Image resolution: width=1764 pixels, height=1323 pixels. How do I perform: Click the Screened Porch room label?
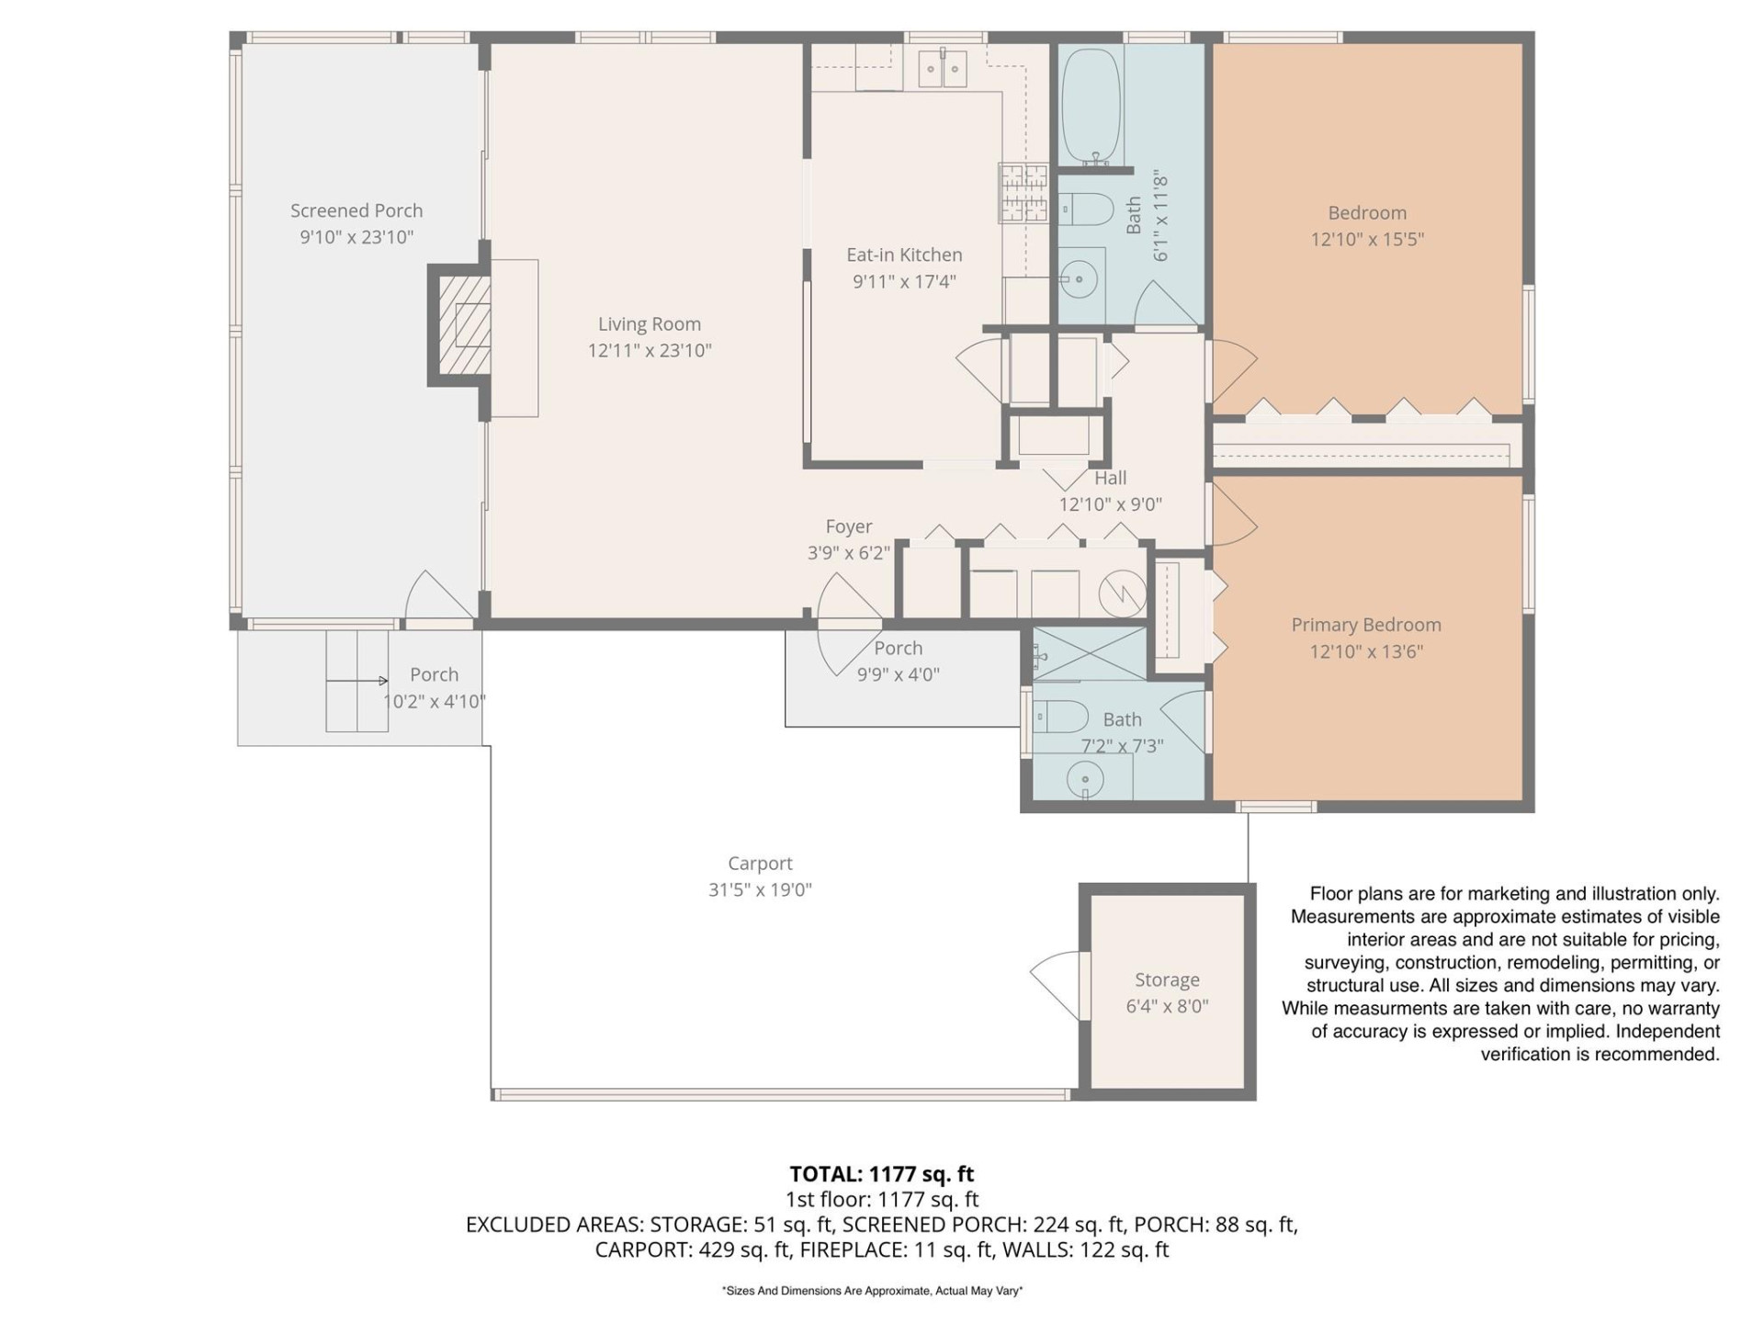click(x=356, y=210)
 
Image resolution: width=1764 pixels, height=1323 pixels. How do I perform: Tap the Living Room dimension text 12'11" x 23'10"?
click(x=650, y=350)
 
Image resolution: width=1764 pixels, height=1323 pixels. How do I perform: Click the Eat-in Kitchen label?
click(x=904, y=254)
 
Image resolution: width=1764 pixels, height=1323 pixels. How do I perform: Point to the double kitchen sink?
click(x=943, y=69)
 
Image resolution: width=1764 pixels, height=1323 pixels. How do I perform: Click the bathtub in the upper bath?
click(x=1091, y=107)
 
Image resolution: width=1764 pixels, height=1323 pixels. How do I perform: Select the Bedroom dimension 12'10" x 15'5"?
click(x=1367, y=239)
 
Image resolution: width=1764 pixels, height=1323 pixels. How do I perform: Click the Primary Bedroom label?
click(x=1365, y=625)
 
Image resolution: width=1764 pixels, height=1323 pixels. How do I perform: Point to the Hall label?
click(x=1110, y=478)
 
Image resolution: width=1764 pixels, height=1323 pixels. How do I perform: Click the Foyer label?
click(x=848, y=526)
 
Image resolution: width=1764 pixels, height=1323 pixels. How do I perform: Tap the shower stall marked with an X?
click(x=1090, y=653)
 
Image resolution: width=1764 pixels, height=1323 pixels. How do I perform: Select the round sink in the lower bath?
click(x=1085, y=780)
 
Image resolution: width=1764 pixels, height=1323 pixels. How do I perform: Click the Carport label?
click(x=760, y=863)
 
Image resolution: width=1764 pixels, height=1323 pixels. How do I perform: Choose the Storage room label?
click(x=1167, y=979)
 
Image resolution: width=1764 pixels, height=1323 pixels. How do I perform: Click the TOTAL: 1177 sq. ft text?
click(x=881, y=1174)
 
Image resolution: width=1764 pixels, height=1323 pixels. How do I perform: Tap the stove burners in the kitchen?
click(x=1023, y=192)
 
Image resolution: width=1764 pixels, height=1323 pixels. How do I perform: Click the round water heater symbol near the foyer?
click(x=1123, y=593)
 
